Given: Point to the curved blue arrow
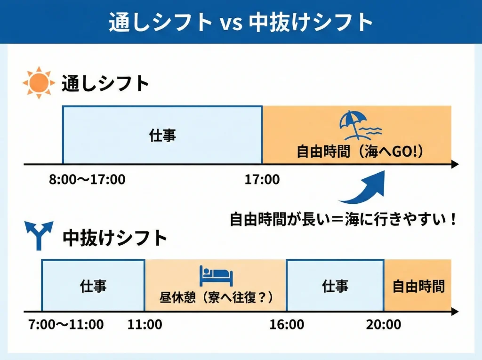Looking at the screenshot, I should coord(365,188).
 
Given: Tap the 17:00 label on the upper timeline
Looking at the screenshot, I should coord(262,179).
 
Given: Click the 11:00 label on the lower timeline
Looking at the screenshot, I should coord(145,324).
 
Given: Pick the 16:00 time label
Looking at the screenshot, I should coord(287,324).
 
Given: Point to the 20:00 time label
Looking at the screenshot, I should coord(384,324).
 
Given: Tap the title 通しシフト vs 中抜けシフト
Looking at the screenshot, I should coord(241,22).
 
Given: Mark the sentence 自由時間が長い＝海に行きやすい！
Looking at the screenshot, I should coord(343,219).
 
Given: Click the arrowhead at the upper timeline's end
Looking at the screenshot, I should coord(454,164).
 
